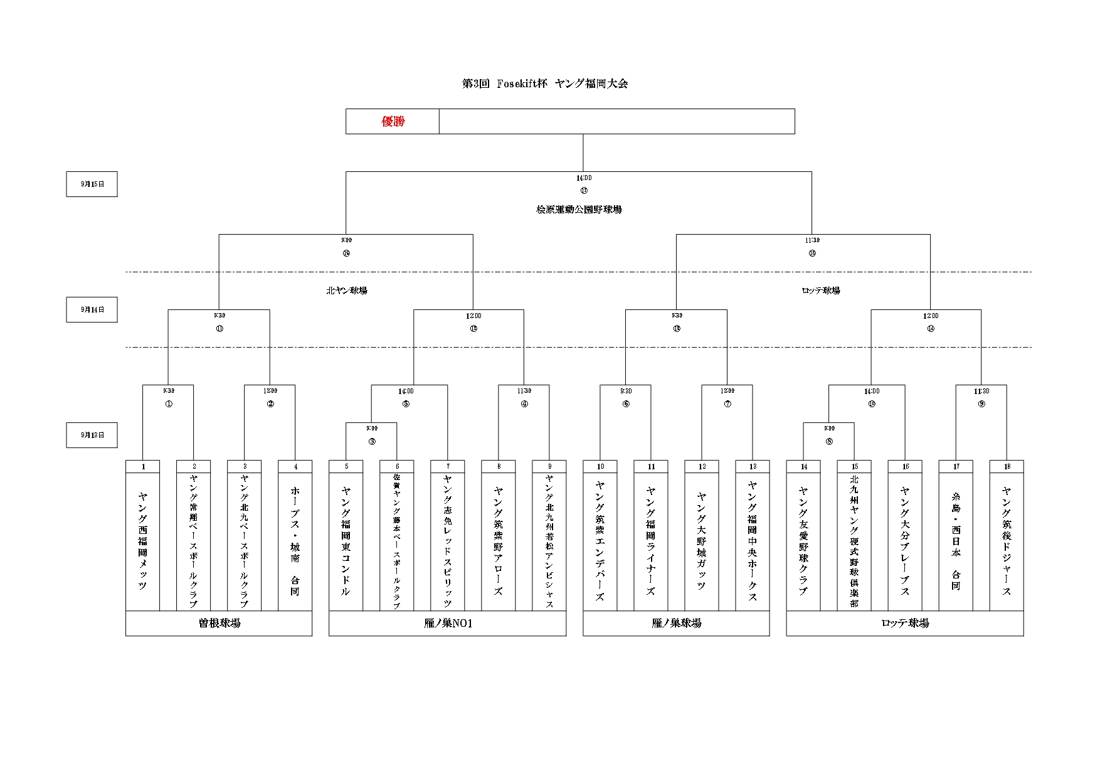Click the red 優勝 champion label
click(x=393, y=121)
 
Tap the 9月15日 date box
click(x=92, y=184)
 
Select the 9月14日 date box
click(x=92, y=309)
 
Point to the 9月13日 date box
click(x=92, y=435)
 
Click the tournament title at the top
click(x=544, y=83)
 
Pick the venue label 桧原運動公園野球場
click(x=579, y=210)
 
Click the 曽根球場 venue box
click(x=219, y=623)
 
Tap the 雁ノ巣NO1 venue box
click(x=447, y=623)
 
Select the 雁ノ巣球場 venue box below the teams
click(x=676, y=623)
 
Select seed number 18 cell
click(x=1007, y=467)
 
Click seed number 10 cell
click(x=600, y=467)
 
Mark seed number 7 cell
click(x=448, y=467)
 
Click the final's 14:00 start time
click(x=583, y=178)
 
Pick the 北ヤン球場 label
click(x=346, y=290)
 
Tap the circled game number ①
click(x=168, y=404)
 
